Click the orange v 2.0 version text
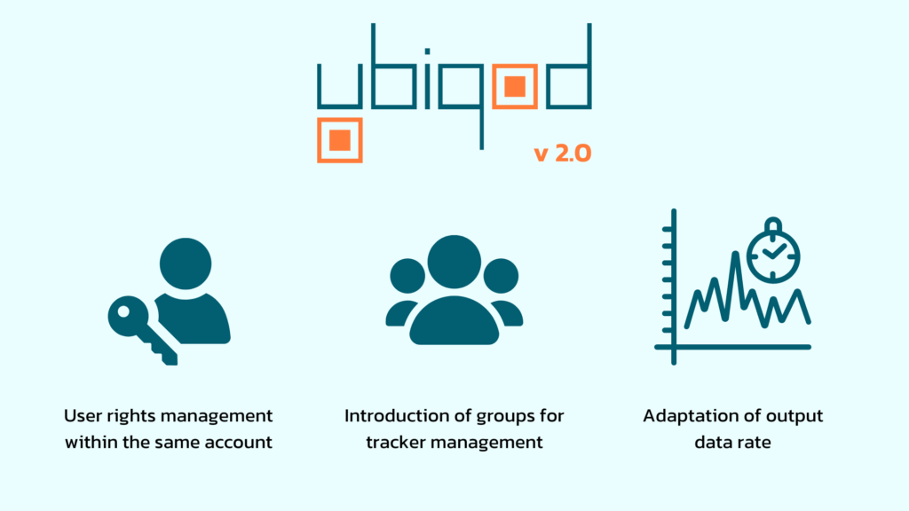562,153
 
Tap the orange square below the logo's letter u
340,140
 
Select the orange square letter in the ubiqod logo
515,87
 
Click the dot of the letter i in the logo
427,51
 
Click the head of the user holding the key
186,263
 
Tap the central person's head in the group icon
454,262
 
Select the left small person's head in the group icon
407,276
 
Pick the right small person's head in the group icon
501,276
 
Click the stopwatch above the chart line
773,251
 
